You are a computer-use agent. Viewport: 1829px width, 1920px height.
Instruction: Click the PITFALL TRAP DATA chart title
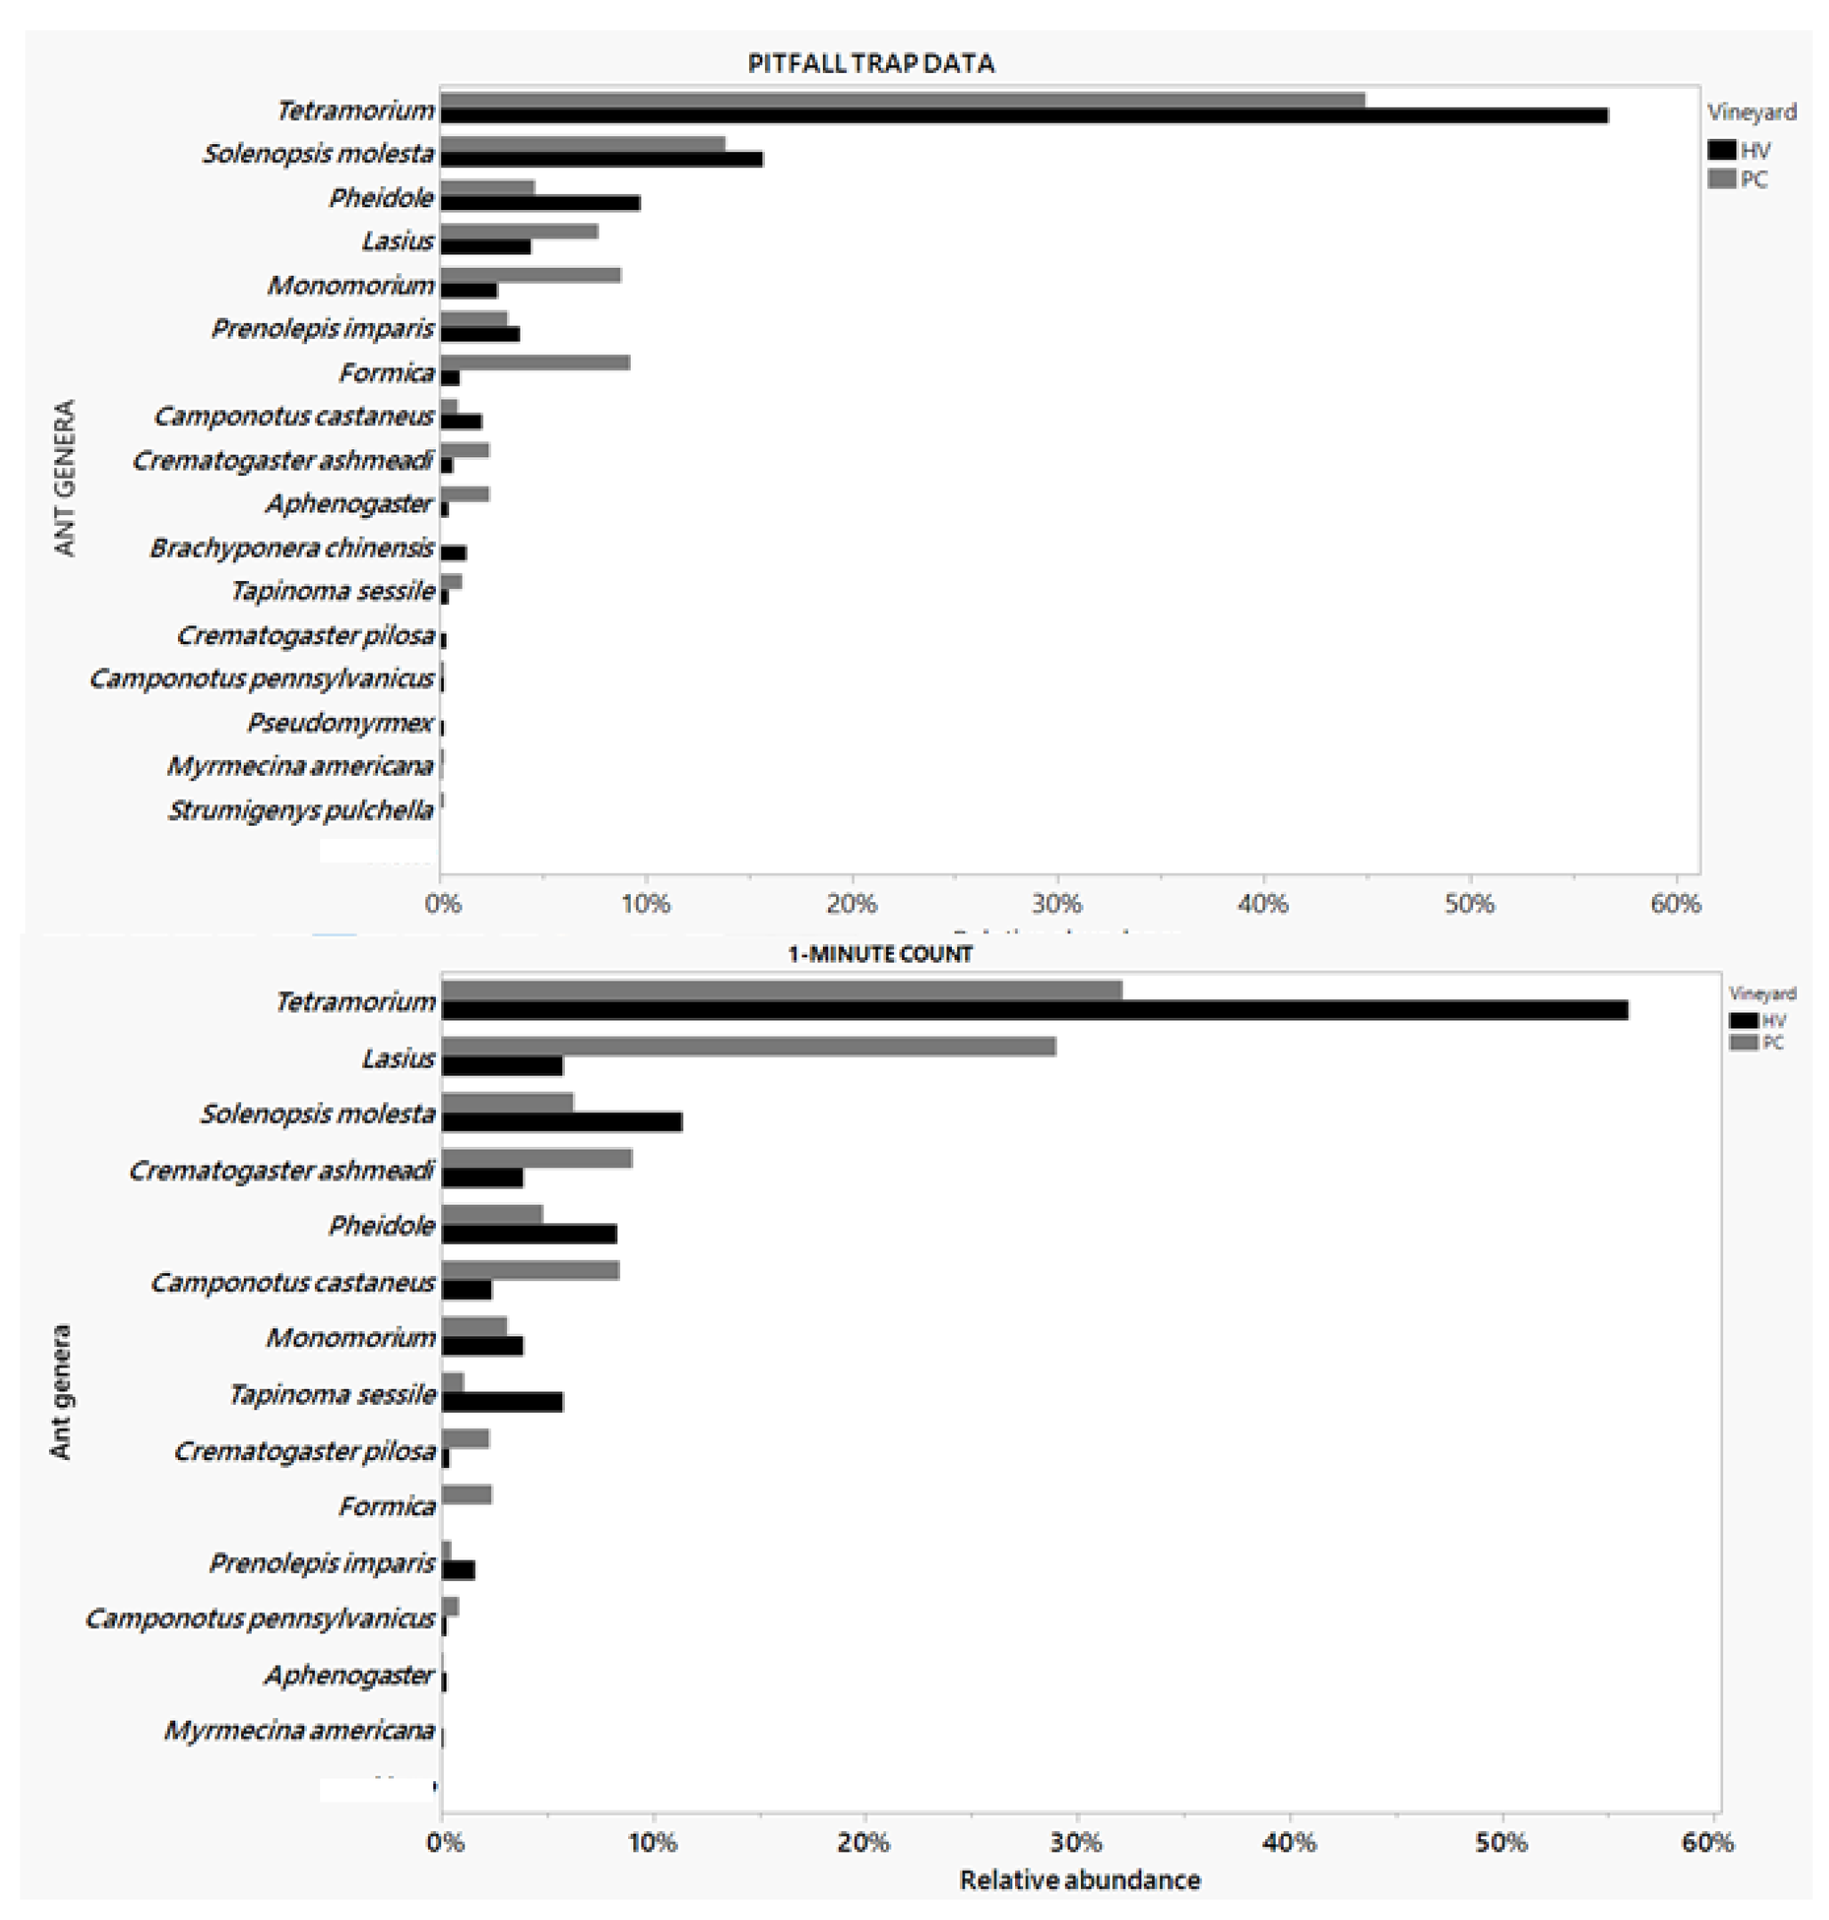(x=870, y=64)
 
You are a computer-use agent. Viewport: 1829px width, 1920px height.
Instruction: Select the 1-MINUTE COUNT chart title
(x=880, y=954)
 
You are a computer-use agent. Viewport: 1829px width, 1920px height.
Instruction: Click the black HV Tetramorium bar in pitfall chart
(x=1024, y=116)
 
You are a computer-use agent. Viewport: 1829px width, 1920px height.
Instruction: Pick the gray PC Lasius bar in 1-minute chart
(x=749, y=1046)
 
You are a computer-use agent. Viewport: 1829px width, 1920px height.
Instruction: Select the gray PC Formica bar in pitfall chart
(x=535, y=363)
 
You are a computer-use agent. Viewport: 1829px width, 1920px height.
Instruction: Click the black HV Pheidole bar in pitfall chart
(x=540, y=203)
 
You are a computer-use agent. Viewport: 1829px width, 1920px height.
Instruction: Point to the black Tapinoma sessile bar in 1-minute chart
(x=502, y=1402)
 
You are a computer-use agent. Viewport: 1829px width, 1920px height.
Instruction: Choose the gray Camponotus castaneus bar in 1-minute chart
(x=530, y=1270)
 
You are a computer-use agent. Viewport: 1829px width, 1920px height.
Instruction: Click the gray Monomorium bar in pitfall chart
(x=530, y=275)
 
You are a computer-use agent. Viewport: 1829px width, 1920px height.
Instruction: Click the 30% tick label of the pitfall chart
(x=1057, y=904)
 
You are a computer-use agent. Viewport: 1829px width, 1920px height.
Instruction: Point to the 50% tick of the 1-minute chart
(x=1502, y=1842)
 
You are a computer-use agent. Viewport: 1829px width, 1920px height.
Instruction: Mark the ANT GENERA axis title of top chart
(x=65, y=477)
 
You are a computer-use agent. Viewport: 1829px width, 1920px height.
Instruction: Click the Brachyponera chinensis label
(x=291, y=548)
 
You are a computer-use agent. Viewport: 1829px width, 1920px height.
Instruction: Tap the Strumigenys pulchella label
(x=301, y=811)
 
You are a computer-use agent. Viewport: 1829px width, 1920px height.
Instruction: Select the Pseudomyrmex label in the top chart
(x=339, y=722)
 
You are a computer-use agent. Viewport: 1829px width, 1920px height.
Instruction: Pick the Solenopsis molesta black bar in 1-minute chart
(x=561, y=1122)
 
